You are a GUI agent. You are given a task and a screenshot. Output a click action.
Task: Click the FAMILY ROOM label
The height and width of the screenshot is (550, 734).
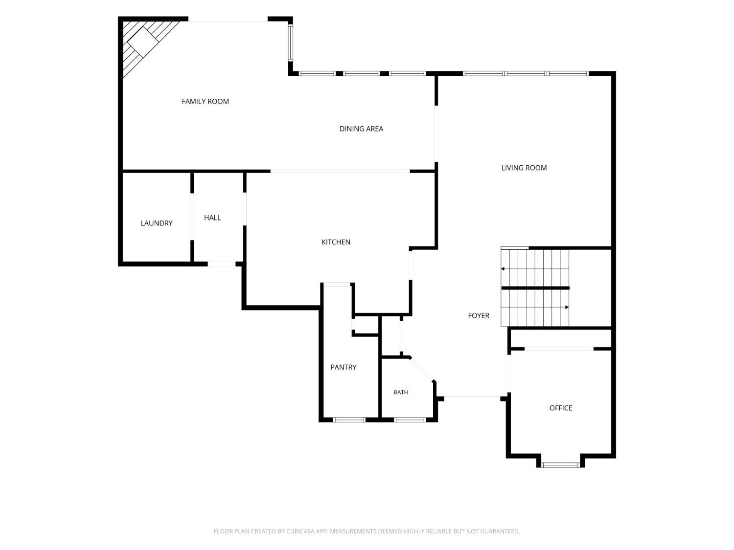(x=205, y=102)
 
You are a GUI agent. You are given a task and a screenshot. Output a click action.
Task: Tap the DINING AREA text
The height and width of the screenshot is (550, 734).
(x=361, y=129)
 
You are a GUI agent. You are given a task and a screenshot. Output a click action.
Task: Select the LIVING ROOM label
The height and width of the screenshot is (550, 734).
(x=524, y=168)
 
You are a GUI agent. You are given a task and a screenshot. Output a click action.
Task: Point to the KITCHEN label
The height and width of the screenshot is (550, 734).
(x=336, y=242)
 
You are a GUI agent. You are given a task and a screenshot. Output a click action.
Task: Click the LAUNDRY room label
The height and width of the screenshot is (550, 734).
(x=157, y=223)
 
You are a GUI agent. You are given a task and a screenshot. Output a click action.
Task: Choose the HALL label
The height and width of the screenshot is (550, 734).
(x=212, y=218)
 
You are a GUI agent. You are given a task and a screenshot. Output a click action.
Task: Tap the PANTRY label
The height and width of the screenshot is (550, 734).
(x=343, y=367)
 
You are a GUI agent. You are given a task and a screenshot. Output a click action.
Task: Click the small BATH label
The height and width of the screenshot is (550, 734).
(x=401, y=393)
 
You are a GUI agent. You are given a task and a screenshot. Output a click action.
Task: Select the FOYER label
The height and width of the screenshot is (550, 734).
(x=479, y=315)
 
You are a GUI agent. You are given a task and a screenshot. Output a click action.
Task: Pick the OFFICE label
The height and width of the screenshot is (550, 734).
(x=561, y=408)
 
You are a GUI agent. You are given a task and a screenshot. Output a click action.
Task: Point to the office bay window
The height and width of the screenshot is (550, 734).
(x=560, y=465)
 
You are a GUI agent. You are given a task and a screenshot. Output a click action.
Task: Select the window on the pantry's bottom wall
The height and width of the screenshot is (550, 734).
(x=349, y=420)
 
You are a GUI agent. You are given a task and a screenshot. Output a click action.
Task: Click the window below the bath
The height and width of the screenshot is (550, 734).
(x=410, y=420)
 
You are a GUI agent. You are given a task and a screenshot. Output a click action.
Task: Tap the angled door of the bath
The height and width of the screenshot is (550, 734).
(x=422, y=369)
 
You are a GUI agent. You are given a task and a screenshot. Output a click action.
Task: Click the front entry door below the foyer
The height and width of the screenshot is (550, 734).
(x=472, y=396)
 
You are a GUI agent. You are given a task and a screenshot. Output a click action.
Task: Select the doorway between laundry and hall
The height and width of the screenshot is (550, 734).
(x=192, y=217)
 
